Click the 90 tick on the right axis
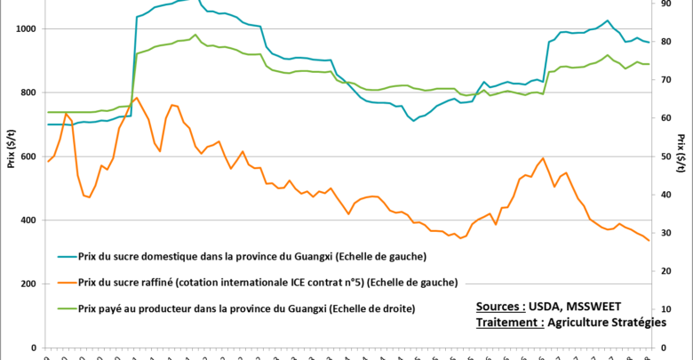(667, 4)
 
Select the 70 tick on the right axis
(667, 80)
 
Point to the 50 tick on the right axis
(667, 156)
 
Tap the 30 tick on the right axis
(667, 233)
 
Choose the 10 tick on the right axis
(667, 309)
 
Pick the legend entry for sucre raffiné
(267, 282)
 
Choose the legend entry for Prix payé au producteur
(248, 308)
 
